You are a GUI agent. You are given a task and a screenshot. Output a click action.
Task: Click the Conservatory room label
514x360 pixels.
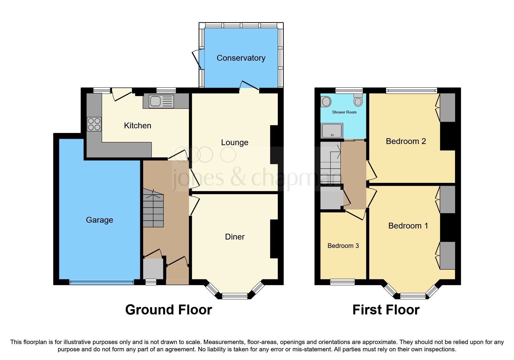[x=241, y=58]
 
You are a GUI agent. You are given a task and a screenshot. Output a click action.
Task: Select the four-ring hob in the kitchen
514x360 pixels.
[x=94, y=124]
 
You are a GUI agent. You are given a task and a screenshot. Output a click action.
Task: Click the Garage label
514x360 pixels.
[x=99, y=220]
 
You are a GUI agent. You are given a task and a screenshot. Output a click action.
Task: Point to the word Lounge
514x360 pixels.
[x=235, y=143]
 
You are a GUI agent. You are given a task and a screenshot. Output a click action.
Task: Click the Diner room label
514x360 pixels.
[x=235, y=237]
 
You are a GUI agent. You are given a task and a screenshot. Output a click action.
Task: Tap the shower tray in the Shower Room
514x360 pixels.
[x=332, y=131]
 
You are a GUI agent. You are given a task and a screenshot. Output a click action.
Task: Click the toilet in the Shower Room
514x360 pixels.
[x=358, y=100]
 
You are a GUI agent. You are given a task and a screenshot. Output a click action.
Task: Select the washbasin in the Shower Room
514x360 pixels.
[x=326, y=102]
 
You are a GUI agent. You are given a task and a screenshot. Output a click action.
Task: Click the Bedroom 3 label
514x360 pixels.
[x=343, y=246]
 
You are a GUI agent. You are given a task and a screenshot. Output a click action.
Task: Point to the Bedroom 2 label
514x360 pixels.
[x=406, y=141]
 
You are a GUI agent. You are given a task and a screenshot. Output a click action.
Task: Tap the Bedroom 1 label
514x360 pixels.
[x=408, y=226]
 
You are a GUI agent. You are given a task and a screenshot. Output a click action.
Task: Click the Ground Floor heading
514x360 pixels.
[x=168, y=310]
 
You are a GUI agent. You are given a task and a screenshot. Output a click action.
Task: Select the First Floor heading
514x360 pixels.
[x=386, y=310]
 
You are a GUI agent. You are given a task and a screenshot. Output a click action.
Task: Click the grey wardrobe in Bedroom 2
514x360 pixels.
[x=447, y=107]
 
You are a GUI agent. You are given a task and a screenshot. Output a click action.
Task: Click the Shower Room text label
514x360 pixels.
[x=344, y=112]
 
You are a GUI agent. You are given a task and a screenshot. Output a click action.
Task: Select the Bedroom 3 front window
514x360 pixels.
[x=342, y=282]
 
